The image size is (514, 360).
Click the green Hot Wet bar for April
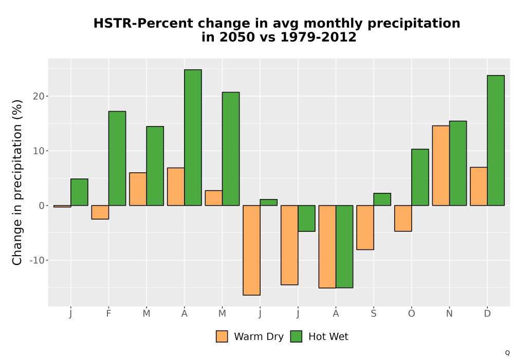coord(193,137)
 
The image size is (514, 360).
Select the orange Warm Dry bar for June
coord(251,250)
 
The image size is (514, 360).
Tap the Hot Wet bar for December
coord(495,140)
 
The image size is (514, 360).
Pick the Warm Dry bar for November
coord(441,166)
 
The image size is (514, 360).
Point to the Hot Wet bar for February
coord(117,158)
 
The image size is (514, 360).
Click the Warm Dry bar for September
coord(365,227)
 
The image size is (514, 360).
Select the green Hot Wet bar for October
coord(420,177)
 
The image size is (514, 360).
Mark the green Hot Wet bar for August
coord(344,246)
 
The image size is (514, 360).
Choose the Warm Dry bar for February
coord(100,212)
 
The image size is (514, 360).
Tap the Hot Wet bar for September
coord(382,200)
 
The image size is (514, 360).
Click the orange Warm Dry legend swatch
coord(222,336)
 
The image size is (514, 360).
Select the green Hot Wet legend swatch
coord(296,336)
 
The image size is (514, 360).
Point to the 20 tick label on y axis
coord(39,96)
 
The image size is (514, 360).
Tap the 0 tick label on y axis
coord(42,206)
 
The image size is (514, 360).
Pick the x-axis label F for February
coord(108,314)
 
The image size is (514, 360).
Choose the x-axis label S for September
coord(373,314)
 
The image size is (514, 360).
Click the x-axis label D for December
coord(487,314)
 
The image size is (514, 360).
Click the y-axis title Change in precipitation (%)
coord(17,182)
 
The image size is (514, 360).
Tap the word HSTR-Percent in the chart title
coord(143,24)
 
